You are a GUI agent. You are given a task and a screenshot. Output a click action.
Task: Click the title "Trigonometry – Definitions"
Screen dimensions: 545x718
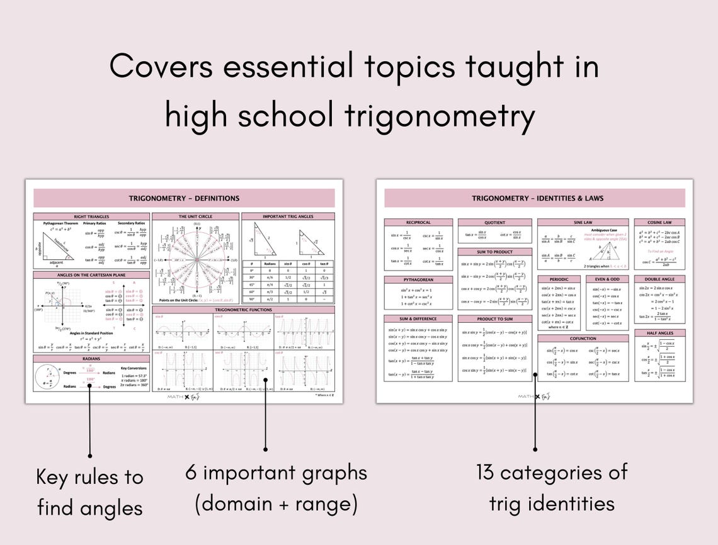tap(184, 198)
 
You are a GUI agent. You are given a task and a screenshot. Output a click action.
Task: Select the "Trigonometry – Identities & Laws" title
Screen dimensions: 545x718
tap(537, 198)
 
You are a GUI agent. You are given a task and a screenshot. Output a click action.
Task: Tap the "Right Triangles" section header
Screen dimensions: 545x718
tap(92, 216)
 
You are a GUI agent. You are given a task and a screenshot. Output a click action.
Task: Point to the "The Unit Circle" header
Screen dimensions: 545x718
tap(195, 216)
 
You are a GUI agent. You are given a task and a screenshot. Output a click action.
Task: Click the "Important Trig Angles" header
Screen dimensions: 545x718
tap(288, 216)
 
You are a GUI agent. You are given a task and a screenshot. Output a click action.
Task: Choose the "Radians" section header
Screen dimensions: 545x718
tap(92, 358)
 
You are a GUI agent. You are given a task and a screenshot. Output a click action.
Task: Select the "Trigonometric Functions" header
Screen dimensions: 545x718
tap(243, 310)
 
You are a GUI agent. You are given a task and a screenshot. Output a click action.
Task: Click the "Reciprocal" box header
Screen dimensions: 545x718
tap(418, 222)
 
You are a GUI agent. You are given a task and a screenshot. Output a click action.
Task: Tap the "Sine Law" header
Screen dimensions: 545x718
tap(583, 222)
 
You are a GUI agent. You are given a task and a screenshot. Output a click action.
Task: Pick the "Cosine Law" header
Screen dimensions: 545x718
tap(659, 222)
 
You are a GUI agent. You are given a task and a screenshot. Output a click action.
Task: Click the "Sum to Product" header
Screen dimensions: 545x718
tap(494, 252)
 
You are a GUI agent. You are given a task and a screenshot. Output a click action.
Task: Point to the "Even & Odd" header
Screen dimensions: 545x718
tap(607, 279)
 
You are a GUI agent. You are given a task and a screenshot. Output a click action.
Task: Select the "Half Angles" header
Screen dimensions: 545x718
tap(659, 333)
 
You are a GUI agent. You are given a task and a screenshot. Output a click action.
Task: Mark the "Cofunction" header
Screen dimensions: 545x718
tap(583, 338)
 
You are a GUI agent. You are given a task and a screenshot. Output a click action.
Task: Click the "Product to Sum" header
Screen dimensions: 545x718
tap(494, 319)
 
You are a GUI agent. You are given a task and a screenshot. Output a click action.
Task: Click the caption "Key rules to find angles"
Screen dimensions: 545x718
tap(89, 492)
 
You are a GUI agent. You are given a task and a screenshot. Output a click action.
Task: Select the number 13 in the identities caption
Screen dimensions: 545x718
tap(487, 472)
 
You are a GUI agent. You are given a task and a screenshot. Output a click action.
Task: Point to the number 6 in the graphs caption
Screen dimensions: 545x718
tap(191, 472)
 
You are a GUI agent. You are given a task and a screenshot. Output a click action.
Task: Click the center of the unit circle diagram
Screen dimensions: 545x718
tap(197, 259)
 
